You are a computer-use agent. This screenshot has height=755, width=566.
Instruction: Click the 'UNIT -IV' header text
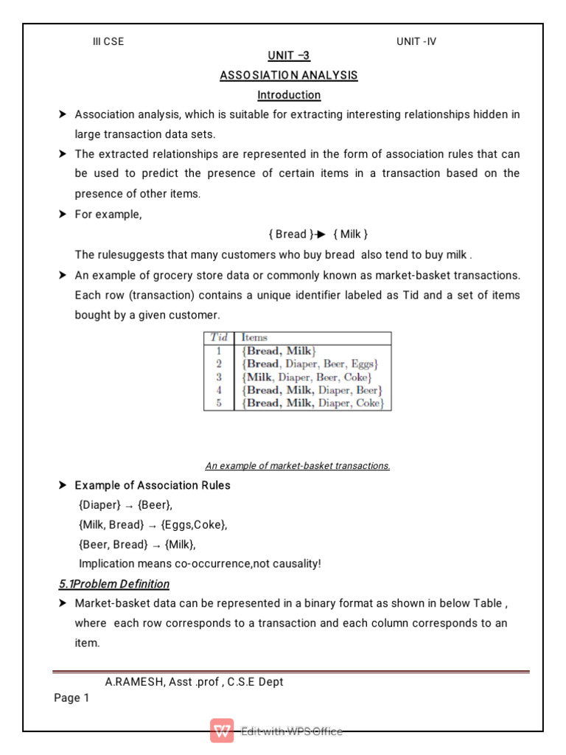tap(416, 42)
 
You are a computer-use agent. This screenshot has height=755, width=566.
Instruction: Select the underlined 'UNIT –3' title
tap(289, 56)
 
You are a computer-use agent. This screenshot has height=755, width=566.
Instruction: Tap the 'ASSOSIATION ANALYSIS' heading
tap(289, 75)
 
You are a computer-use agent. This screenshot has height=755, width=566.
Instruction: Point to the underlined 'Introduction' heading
tap(289, 95)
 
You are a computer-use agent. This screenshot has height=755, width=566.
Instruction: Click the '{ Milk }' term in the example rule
tap(350, 234)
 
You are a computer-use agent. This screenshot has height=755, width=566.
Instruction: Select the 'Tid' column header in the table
tap(219, 338)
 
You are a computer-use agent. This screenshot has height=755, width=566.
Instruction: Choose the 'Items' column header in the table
tap(254, 338)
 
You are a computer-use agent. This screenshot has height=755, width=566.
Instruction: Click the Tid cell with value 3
tap(219, 377)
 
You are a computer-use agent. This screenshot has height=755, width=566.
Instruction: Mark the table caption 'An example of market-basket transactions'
tap(297, 466)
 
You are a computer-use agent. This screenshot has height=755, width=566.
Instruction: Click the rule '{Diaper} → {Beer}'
tap(126, 505)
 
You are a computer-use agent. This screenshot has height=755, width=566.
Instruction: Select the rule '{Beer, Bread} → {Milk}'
tap(137, 544)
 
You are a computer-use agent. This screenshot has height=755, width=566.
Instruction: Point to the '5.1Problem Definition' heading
tap(114, 584)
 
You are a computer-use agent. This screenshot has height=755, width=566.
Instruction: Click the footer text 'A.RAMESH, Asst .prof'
tap(162, 682)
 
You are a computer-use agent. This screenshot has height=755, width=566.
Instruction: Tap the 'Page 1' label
tap(71, 698)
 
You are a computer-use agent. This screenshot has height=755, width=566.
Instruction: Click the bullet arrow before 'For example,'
tap(63, 214)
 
